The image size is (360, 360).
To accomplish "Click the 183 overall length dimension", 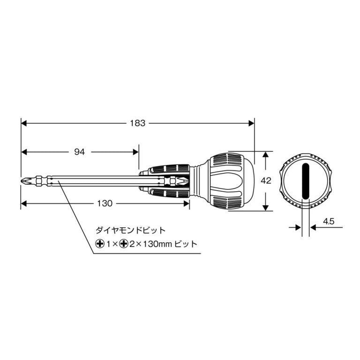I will (138, 123).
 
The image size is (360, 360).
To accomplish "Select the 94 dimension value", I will (80, 151).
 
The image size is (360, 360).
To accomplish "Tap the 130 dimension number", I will (105, 203).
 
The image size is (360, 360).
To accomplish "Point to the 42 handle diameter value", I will (266, 181).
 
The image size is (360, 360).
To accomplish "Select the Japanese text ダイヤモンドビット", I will (131, 230).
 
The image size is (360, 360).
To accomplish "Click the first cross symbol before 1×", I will (99, 244).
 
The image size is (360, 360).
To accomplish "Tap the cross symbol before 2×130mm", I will (124, 244).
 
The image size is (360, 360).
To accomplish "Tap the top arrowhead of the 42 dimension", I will (266, 155).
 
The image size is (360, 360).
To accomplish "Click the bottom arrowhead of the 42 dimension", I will (266, 208).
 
